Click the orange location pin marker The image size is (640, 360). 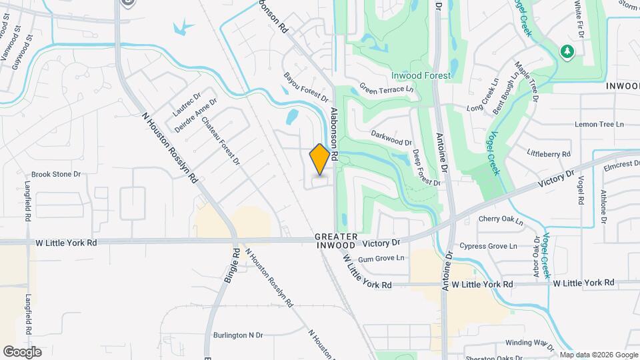320,159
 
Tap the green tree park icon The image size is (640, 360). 567,51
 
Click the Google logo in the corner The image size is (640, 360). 22,351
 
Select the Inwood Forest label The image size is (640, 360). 421,75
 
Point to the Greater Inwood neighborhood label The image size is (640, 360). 337,241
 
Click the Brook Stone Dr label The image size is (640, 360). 56,174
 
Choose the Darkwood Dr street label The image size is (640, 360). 391,137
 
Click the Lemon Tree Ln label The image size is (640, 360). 599,125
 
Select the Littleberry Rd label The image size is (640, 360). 549,154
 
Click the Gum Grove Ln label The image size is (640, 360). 381,258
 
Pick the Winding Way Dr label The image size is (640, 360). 529,343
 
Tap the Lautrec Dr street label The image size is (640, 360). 186,102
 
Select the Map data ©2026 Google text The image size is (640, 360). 598,355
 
